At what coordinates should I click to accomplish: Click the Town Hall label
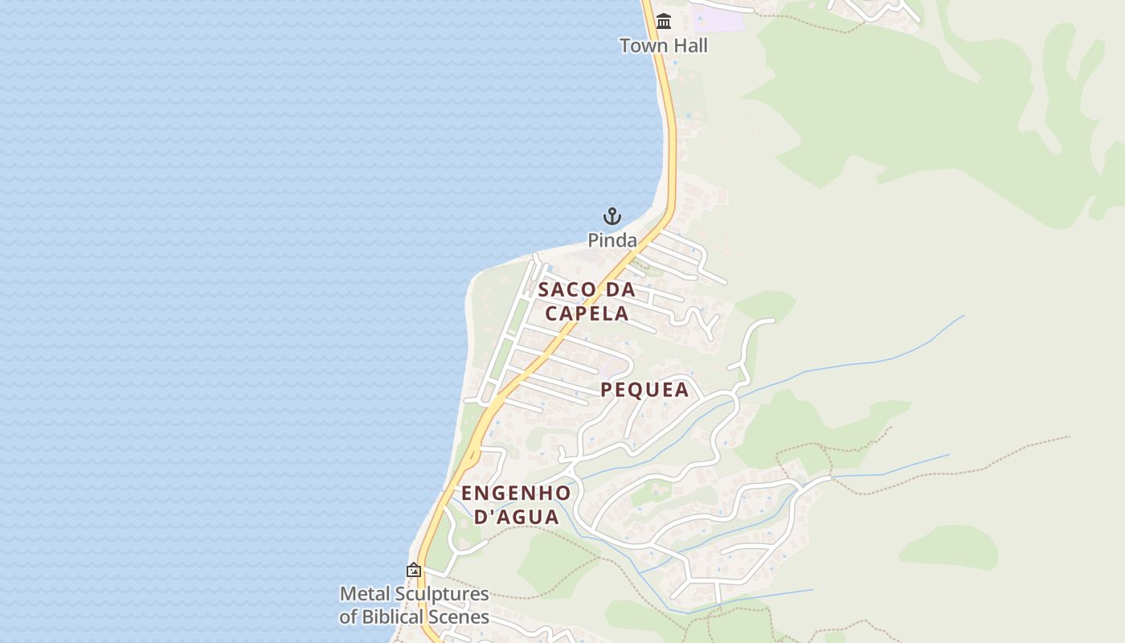click(664, 46)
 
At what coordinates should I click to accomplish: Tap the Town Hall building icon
click(664, 22)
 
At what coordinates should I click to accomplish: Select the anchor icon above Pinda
click(612, 216)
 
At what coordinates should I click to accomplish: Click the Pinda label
click(612, 240)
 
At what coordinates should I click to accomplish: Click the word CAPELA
click(587, 313)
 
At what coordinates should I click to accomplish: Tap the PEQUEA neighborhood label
click(644, 391)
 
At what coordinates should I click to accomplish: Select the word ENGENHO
click(516, 493)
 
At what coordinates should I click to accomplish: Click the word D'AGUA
click(516, 517)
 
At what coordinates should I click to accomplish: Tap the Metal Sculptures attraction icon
click(414, 571)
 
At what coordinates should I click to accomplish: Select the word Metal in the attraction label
click(362, 595)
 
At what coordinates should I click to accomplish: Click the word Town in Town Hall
click(643, 46)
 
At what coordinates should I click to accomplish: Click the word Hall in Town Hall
click(690, 46)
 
